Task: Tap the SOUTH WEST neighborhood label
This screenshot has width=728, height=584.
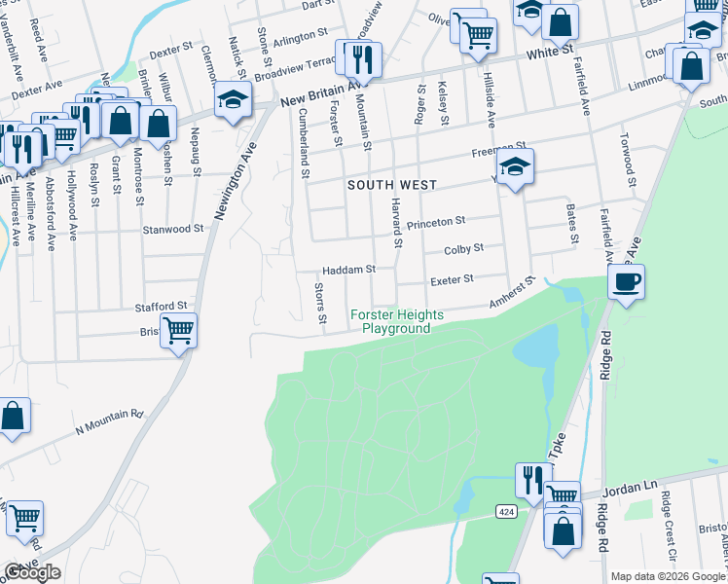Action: pyautogui.click(x=392, y=184)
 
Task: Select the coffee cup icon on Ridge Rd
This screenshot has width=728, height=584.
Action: pyautogui.click(x=625, y=281)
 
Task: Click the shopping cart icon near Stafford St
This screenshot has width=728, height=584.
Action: pyautogui.click(x=178, y=331)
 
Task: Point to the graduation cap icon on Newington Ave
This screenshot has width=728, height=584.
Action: pyautogui.click(x=233, y=100)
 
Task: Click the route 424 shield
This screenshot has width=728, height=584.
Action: pyautogui.click(x=505, y=511)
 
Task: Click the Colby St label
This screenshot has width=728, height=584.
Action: pyautogui.click(x=463, y=249)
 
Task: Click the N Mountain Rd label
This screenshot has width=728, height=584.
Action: pyautogui.click(x=110, y=420)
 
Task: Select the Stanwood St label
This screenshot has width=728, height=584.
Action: pyautogui.click(x=173, y=230)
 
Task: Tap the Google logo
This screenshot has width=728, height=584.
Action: pyautogui.click(x=32, y=572)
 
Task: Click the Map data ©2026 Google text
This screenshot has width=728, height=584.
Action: pyautogui.click(x=667, y=576)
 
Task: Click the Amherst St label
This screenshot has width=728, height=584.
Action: pyautogui.click(x=513, y=293)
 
